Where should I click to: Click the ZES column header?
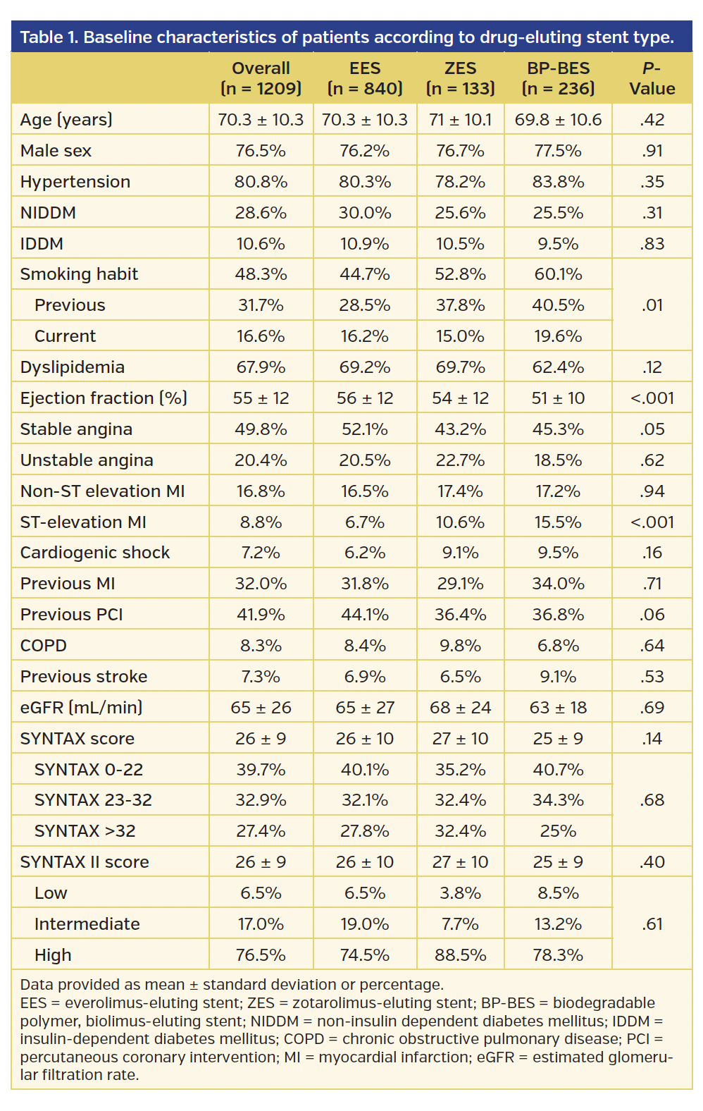(460, 78)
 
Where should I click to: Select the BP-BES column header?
(558, 78)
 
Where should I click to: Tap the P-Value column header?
(652, 78)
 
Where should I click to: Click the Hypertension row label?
(75, 182)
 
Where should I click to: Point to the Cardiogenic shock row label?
(95, 553)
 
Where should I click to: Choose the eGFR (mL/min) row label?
(81, 707)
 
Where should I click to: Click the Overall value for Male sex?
(261, 151)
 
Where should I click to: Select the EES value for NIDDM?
(365, 213)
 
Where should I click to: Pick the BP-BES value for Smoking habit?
(558, 274)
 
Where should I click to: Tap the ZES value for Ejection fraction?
(460, 398)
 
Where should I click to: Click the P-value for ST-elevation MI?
(652, 522)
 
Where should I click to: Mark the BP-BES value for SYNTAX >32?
(558, 831)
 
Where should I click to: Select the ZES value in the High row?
(460, 955)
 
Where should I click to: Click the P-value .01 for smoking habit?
(652, 305)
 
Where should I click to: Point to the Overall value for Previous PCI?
(261, 615)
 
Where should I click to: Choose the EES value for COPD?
(365, 646)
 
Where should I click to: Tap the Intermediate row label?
(87, 924)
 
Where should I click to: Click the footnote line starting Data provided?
(232, 985)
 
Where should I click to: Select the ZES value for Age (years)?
(460, 120)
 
